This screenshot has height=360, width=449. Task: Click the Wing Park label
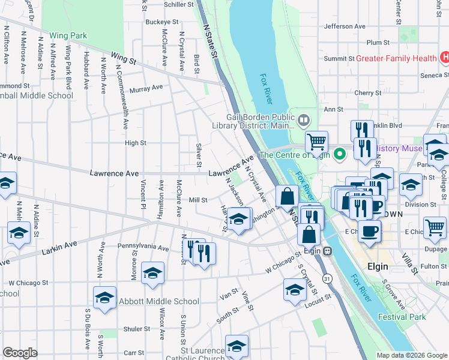[68, 36]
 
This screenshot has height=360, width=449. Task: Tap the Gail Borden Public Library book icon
[304, 119]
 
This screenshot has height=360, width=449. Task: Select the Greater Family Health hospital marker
[444, 58]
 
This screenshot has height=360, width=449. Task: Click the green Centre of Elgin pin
[339, 155]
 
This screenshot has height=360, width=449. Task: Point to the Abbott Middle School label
[158, 301]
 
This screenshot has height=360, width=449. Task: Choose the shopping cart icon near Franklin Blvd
[316, 142]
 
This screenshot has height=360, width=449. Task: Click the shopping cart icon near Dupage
[435, 227]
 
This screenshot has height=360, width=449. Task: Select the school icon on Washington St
[239, 218]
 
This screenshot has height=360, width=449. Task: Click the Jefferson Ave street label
[345, 26]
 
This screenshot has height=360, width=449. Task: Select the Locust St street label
[318, 298]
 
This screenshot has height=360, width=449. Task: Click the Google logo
[20, 353]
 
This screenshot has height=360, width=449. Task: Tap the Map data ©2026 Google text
[411, 355]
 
